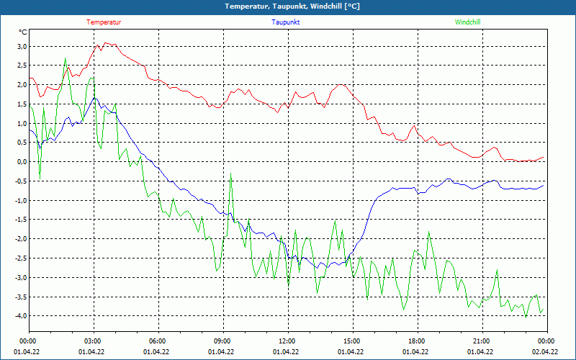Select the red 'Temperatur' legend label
click(104, 22)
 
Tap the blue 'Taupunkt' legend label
click(286, 22)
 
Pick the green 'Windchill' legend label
click(467, 22)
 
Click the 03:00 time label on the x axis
click(93, 341)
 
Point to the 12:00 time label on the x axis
click(287, 341)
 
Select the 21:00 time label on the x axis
click(482, 341)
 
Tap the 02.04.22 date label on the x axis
click(545, 352)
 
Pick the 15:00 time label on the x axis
click(352, 341)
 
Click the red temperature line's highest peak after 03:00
click(106, 43)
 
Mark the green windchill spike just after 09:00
click(231, 174)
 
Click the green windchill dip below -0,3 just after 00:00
click(40, 174)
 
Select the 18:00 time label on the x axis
click(417, 341)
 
